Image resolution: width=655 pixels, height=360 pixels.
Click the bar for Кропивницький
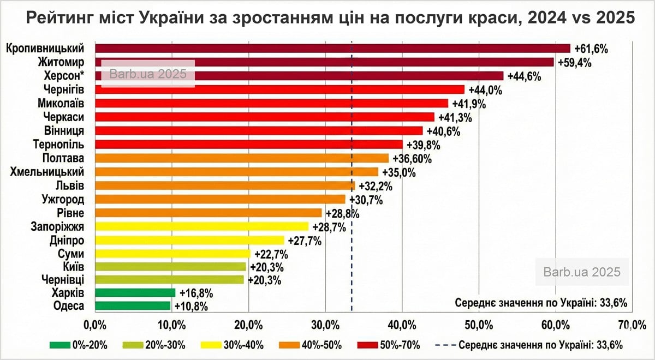tap(332, 49)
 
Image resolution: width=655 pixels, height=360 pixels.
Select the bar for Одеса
tap(133, 306)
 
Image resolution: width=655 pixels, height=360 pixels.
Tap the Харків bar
tap(135, 293)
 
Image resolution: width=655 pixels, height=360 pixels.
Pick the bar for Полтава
tap(242, 158)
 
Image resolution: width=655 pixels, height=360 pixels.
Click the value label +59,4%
tap(573, 62)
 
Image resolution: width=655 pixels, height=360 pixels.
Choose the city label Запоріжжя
tap(61, 226)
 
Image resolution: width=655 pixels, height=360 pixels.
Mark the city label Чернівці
tap(63, 280)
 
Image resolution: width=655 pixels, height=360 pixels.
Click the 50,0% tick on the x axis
tap(479, 326)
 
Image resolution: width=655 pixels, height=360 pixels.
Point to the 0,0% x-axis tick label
tap(96, 326)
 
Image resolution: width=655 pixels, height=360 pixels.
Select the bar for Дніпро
tap(190, 240)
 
